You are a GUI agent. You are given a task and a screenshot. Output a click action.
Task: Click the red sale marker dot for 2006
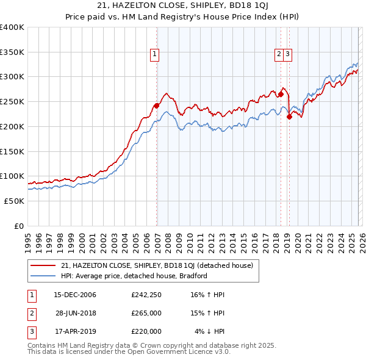pos(157,106)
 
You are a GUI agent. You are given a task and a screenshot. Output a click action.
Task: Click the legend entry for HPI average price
pos(134,276)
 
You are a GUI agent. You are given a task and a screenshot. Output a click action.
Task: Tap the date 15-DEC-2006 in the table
pos(75,295)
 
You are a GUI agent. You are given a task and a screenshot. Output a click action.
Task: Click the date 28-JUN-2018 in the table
pos(75,313)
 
